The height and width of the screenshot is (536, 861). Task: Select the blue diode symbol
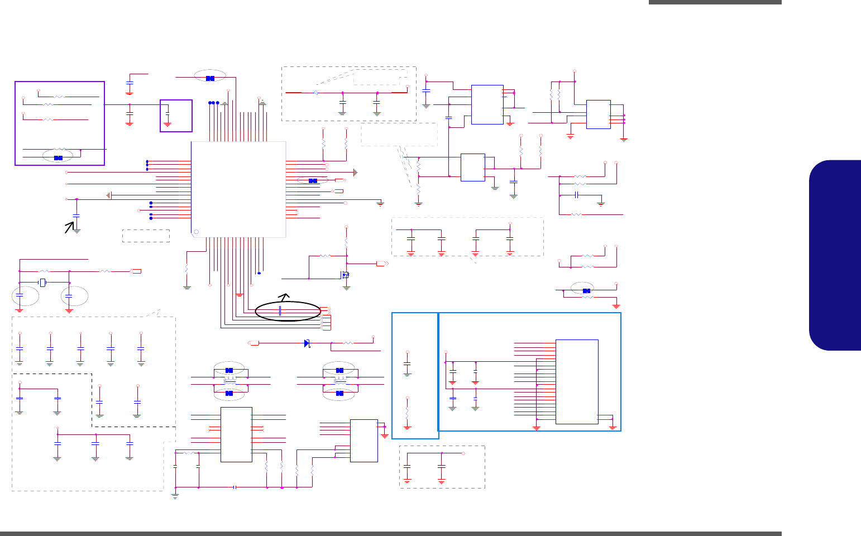[x=307, y=343]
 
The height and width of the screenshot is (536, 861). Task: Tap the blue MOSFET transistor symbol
[x=346, y=274]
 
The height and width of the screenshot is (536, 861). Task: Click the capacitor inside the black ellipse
[x=279, y=310]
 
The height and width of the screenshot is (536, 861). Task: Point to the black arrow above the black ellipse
[x=285, y=296]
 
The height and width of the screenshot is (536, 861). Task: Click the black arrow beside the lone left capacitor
[x=69, y=227]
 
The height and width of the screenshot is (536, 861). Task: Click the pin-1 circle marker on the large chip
[x=195, y=232]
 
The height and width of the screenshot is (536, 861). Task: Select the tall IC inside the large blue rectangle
[x=577, y=381]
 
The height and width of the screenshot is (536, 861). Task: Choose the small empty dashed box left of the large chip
[x=146, y=236]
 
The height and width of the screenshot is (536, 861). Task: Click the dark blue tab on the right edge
[x=836, y=255]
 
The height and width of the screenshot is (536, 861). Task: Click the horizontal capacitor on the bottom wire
[x=235, y=487]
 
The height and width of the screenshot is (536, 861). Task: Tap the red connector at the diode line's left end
[x=253, y=343]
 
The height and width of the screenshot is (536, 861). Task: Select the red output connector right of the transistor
[x=382, y=263]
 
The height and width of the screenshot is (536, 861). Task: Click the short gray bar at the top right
[x=715, y=2]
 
